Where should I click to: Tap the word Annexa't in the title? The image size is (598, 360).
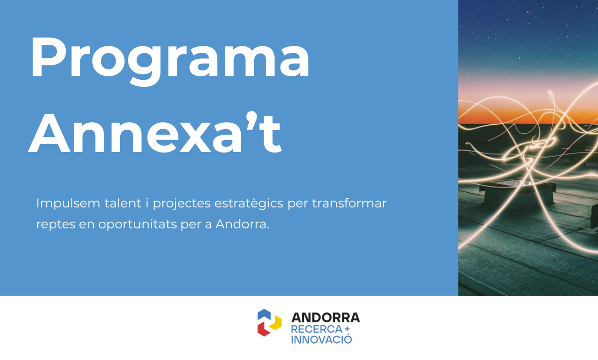click(155, 131)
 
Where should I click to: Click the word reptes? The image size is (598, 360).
click(55, 224)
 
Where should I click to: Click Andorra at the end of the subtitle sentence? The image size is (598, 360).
click(242, 224)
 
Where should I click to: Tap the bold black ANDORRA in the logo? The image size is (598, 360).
click(325, 318)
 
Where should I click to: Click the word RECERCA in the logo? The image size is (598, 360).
click(316, 330)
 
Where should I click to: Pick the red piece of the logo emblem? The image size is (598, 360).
click(262, 329)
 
